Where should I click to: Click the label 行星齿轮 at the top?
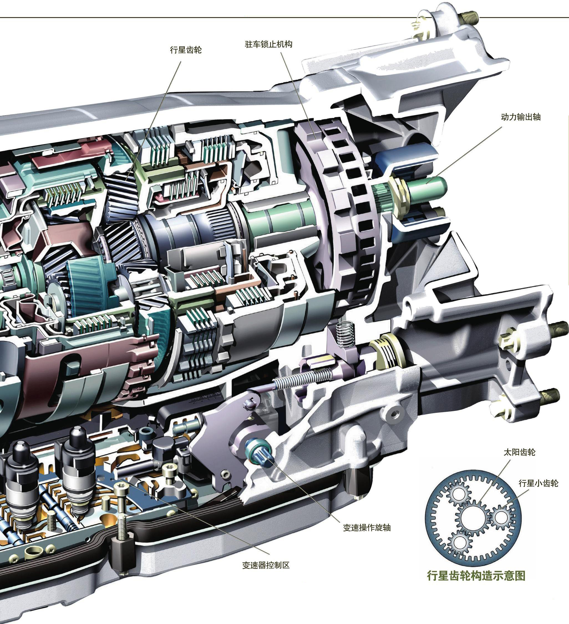coord(186,50)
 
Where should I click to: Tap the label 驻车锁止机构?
coord(268,44)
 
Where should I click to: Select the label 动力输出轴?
coord(520,117)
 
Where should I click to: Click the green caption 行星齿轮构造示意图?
coord(476,576)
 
